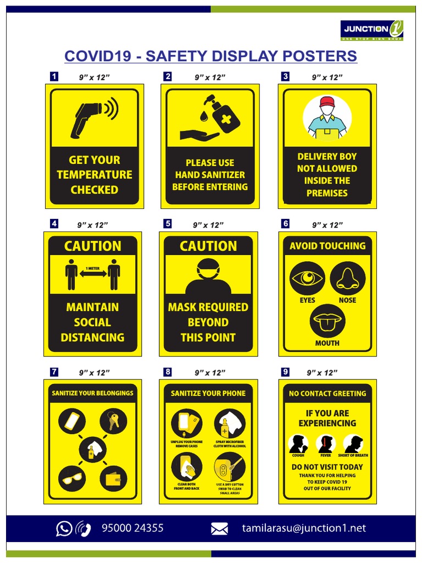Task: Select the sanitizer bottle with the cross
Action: coord(226,117)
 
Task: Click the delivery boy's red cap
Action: coord(327,102)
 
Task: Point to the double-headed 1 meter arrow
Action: coord(93,275)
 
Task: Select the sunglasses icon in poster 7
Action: coord(71,478)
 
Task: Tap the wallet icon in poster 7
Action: coord(113,478)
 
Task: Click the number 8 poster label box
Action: coord(168,372)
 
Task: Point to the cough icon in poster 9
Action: coord(298,444)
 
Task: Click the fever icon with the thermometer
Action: coord(326,444)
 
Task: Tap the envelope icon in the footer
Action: coord(219,529)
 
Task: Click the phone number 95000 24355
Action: coord(132,528)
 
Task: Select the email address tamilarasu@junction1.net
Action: coord(304,528)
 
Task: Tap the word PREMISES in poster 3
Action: coord(327,193)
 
